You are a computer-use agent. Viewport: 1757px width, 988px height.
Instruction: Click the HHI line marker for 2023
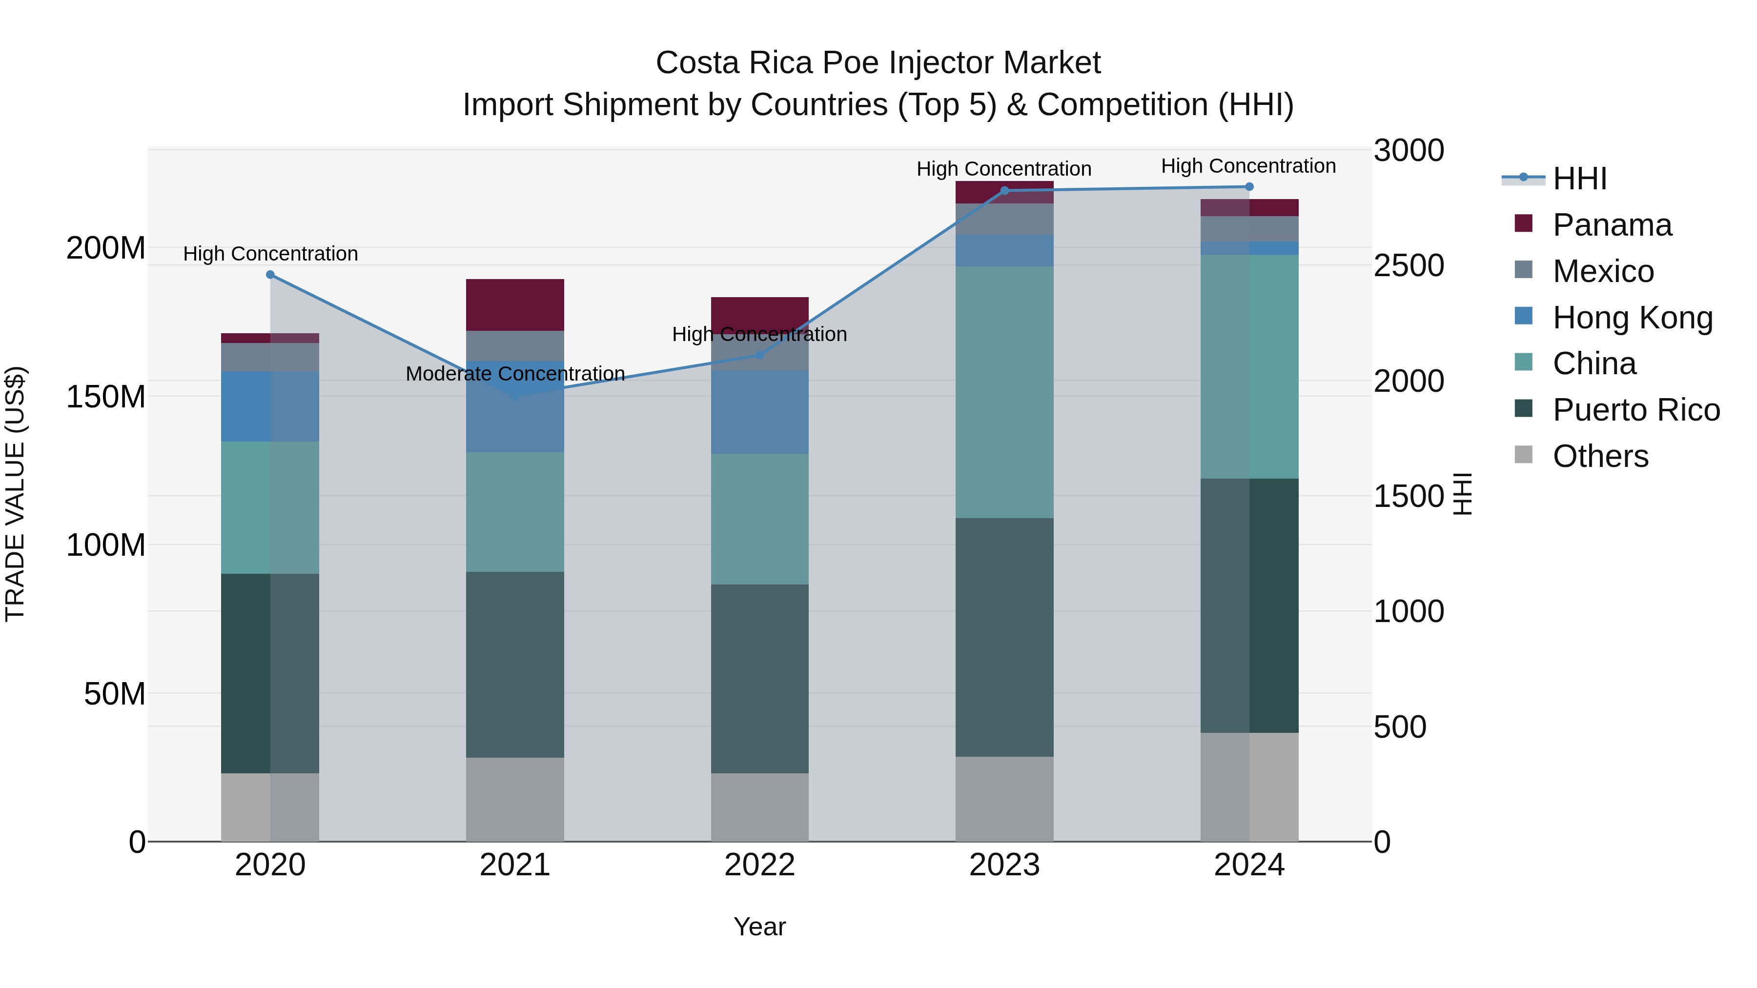pyautogui.click(x=1004, y=191)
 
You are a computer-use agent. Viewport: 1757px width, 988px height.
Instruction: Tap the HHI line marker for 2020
pyautogui.click(x=270, y=275)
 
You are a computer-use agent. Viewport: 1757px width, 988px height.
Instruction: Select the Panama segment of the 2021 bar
pyautogui.click(x=515, y=305)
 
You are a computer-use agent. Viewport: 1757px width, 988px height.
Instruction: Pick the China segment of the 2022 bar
pyautogui.click(x=760, y=519)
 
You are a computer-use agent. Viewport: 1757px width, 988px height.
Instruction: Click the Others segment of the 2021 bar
pyautogui.click(x=515, y=799)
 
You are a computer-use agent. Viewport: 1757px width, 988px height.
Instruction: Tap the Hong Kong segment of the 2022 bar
pyautogui.click(x=760, y=412)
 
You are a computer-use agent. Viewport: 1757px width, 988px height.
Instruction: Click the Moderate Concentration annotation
pyautogui.click(x=515, y=374)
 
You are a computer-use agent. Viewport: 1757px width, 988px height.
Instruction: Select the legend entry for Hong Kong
pyautogui.click(x=1632, y=318)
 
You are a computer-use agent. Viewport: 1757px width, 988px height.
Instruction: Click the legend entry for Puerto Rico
pyautogui.click(x=1635, y=410)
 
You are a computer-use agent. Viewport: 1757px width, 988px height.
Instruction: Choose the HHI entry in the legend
pyautogui.click(x=1579, y=179)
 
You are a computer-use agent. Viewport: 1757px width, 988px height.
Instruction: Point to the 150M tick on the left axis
pyautogui.click(x=106, y=397)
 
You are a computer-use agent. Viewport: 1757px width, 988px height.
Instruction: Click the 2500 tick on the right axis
pyautogui.click(x=1409, y=265)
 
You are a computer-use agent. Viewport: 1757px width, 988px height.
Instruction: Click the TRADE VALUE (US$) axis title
pyautogui.click(x=16, y=494)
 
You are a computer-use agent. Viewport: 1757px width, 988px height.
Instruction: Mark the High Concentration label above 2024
pyautogui.click(x=1248, y=166)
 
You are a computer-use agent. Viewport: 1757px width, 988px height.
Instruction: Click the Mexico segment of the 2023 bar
pyautogui.click(x=1004, y=219)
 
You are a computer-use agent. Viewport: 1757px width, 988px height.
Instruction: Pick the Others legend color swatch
pyautogui.click(x=1523, y=455)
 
